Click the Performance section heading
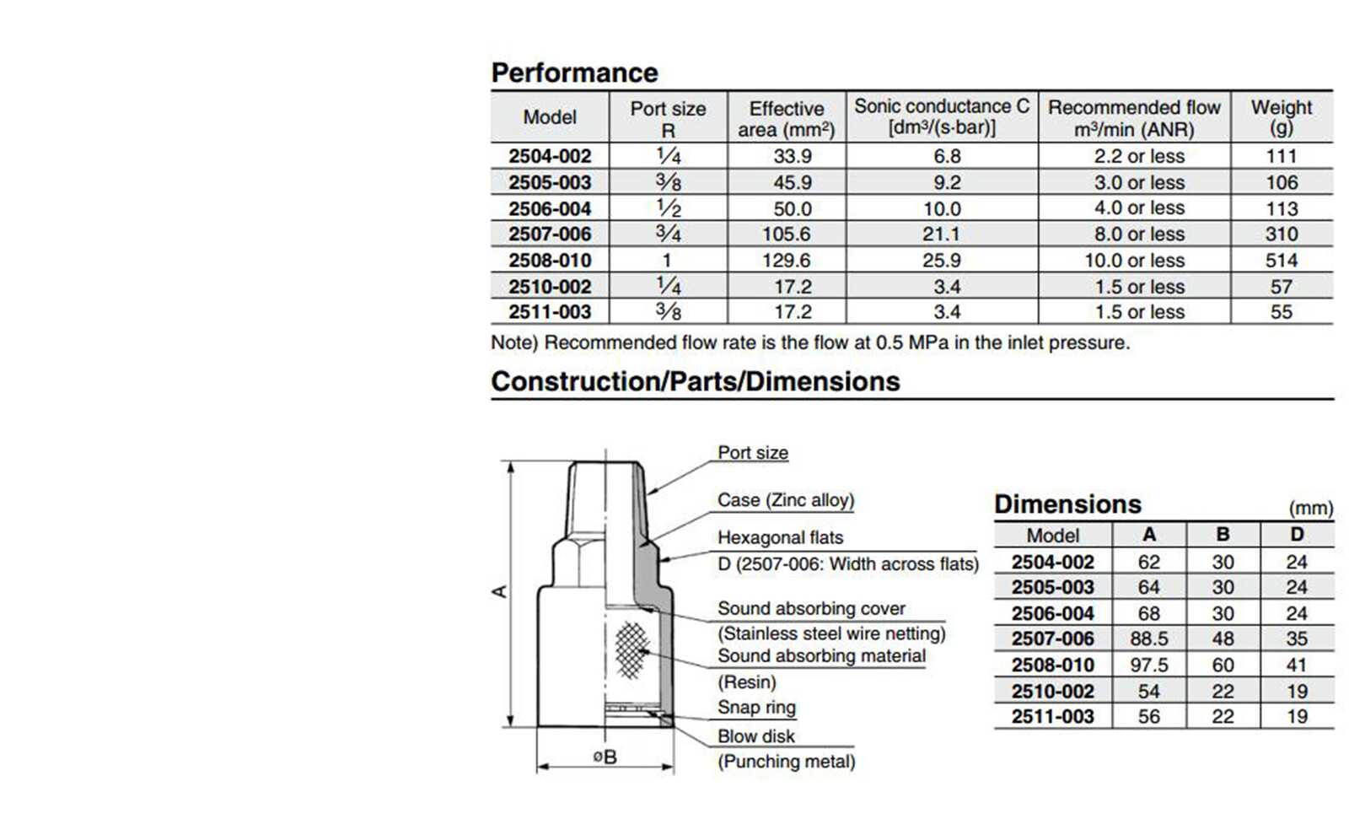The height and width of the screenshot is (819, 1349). pyautogui.click(x=574, y=73)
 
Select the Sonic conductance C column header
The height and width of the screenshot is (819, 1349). pyautogui.click(x=941, y=117)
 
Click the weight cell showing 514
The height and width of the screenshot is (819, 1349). pyautogui.click(x=1281, y=261)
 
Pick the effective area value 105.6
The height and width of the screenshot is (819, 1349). pyautogui.click(x=786, y=234)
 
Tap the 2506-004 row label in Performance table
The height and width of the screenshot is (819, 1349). pyautogui.click(x=550, y=208)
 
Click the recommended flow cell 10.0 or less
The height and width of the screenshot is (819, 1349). pyautogui.click(x=1134, y=261)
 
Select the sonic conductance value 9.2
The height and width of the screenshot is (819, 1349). pyautogui.click(x=946, y=182)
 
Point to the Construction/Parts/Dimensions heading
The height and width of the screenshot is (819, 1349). pyautogui.click(x=695, y=381)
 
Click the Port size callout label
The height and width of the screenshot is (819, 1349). pyautogui.click(x=752, y=453)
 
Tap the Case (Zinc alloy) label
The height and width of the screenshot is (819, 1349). pyautogui.click(x=785, y=500)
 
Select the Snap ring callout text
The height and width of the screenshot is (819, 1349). pyautogui.click(x=756, y=708)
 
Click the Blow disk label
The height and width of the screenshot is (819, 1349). pyautogui.click(x=755, y=736)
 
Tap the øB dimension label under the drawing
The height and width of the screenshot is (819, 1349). pyautogui.click(x=604, y=757)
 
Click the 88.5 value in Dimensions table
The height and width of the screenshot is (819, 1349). pyautogui.click(x=1148, y=639)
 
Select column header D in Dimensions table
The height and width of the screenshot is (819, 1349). pyautogui.click(x=1296, y=535)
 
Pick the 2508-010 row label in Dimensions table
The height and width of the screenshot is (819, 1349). pyautogui.click(x=1052, y=665)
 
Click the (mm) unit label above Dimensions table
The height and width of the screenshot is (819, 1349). pyautogui.click(x=1310, y=509)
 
